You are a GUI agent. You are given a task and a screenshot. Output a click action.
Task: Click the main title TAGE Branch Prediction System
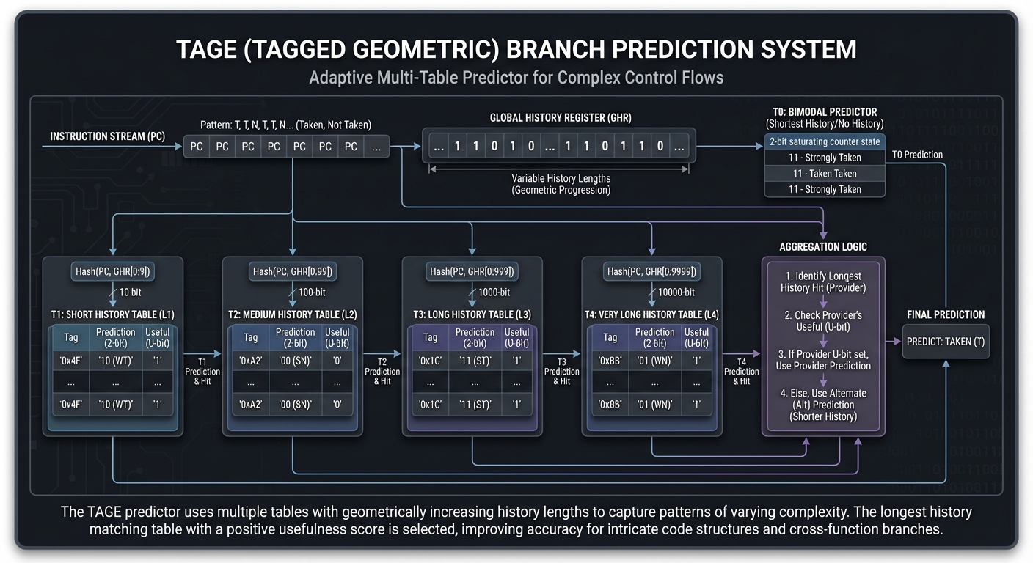[x=516, y=49]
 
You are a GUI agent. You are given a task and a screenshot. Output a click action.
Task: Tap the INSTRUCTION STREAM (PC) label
[x=107, y=137]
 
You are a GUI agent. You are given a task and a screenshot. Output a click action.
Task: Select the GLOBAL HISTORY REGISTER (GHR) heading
[x=561, y=118]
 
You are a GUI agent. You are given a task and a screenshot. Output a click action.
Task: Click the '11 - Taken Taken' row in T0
[x=825, y=174]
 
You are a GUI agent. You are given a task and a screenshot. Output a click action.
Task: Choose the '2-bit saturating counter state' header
[x=825, y=141]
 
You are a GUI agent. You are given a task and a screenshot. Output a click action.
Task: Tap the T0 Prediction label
[x=918, y=155]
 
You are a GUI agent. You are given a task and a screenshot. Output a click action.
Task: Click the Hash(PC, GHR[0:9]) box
[x=113, y=272]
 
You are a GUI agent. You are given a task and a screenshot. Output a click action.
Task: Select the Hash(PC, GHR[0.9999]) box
[x=651, y=272]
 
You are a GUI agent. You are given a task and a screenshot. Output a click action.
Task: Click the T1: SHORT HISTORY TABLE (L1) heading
[x=113, y=314]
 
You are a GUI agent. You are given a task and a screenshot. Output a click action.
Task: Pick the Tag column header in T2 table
[x=251, y=338]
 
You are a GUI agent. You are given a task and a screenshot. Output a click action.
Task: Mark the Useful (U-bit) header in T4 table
[x=696, y=337]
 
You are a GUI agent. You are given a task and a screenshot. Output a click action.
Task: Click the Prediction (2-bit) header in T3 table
[x=475, y=337]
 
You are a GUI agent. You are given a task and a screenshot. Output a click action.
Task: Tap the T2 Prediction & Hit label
[x=382, y=371]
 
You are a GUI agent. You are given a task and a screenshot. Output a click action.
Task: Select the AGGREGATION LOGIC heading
[x=823, y=247]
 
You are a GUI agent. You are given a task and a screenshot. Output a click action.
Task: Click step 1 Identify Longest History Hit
[x=823, y=282]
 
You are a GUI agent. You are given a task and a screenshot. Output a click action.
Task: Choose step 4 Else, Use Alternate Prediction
[x=823, y=405]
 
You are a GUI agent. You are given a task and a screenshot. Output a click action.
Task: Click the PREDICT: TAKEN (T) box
[x=946, y=342]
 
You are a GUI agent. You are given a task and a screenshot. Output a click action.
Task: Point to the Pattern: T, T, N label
[x=285, y=125]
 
